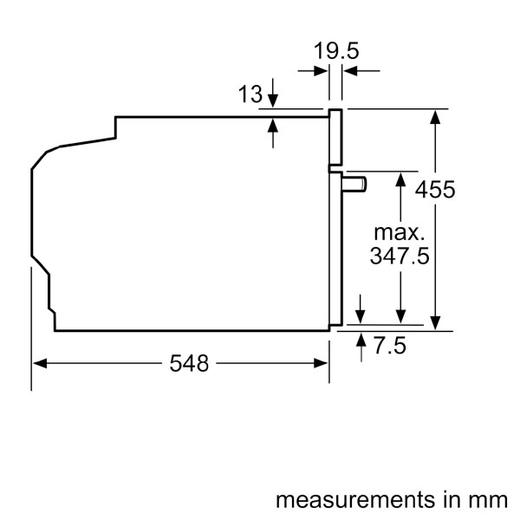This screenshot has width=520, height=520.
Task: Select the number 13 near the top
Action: [250, 94]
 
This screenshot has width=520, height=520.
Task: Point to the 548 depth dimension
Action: [189, 364]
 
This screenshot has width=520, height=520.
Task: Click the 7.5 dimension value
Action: [390, 347]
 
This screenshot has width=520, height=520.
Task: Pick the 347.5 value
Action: [400, 257]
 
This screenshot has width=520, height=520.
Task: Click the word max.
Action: [400, 232]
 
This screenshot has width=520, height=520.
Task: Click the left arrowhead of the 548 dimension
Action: [39, 364]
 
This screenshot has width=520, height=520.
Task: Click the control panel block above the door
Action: [335, 137]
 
